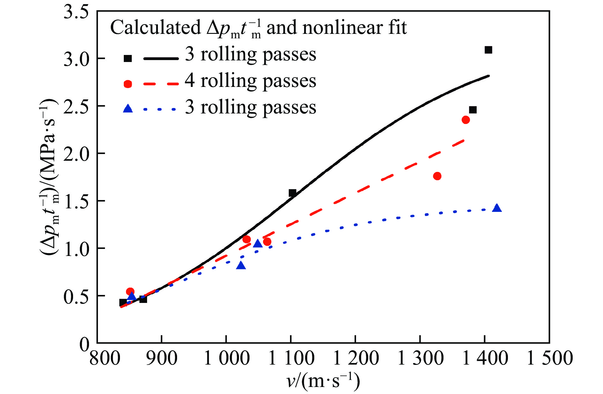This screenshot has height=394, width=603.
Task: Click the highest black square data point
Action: [x=488, y=50]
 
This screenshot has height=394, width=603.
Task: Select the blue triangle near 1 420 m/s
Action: [x=497, y=208]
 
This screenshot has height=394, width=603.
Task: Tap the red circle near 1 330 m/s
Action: [x=437, y=176]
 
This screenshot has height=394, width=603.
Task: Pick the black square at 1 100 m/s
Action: [x=292, y=193]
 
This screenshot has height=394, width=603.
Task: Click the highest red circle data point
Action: [x=465, y=120]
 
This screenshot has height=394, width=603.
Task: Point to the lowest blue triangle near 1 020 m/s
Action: [x=241, y=266]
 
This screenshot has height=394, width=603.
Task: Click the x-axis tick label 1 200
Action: [x=355, y=358]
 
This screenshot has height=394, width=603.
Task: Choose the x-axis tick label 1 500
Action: [x=549, y=358]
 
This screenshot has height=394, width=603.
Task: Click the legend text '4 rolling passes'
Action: [x=250, y=81]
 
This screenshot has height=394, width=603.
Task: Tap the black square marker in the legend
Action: [x=128, y=58]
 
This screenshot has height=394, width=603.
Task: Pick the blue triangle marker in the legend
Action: [x=128, y=109]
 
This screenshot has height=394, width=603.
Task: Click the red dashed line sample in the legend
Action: [x=160, y=84]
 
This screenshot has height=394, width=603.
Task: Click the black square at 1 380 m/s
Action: [x=473, y=110]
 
